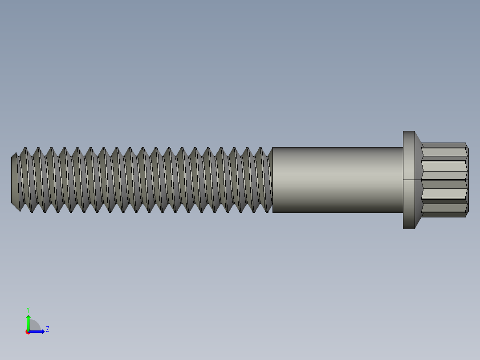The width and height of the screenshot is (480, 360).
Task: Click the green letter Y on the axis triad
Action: (x=28, y=309)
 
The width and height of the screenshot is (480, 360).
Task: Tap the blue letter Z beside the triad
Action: (x=48, y=329)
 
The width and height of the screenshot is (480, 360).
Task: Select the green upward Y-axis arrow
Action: (x=28, y=322)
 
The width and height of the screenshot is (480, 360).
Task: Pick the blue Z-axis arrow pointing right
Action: (x=38, y=331)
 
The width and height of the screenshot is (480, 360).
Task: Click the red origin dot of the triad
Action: (x=28, y=332)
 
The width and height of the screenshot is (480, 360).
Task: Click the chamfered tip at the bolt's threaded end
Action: (x=15, y=180)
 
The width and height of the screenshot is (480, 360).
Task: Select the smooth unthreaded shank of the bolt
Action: (x=338, y=180)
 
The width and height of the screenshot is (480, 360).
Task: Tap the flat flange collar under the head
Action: (x=409, y=180)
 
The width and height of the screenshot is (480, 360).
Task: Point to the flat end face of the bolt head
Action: (x=468, y=180)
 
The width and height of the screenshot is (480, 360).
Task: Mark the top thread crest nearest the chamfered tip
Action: (x=25, y=148)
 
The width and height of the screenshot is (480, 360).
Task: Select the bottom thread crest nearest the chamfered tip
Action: (x=31, y=212)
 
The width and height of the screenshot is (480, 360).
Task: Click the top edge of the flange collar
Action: (x=409, y=131)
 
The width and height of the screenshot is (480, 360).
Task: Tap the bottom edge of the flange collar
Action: (x=409, y=229)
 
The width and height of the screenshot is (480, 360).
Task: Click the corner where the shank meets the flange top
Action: (x=403, y=147)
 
